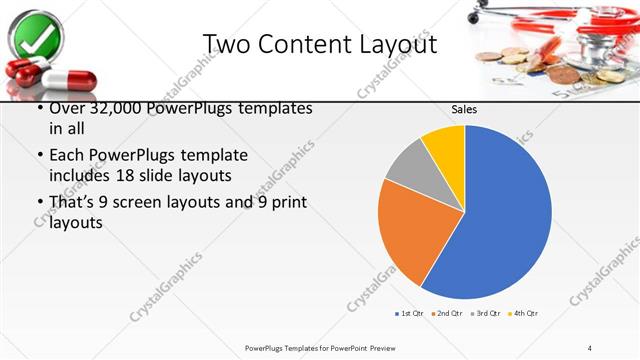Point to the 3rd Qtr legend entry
[486, 314]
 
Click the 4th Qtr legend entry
[523, 314]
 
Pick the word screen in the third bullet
[160, 203]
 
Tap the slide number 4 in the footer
[590, 347]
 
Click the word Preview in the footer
[367, 347]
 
